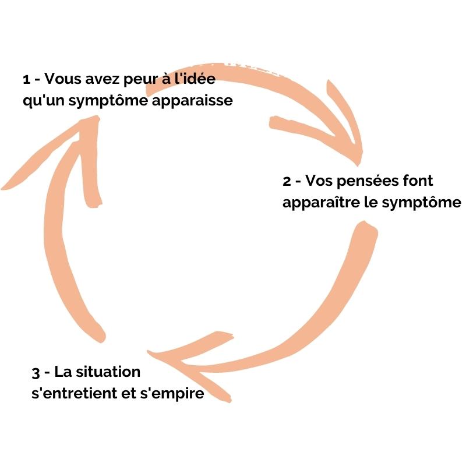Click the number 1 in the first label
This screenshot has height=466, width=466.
coord(26,79)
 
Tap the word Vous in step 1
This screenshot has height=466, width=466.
coord(62,79)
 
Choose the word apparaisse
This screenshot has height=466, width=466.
coord(192,101)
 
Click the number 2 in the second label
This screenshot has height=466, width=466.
coord(287,181)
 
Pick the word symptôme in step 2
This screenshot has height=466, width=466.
coord(421,203)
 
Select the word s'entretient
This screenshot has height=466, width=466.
coord(75,394)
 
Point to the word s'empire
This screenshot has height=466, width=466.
coord(172,394)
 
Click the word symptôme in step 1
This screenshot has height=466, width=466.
coord(108,101)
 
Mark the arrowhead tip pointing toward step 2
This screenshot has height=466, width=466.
coord(358,164)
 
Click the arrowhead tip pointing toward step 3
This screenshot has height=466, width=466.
coord(148,352)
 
